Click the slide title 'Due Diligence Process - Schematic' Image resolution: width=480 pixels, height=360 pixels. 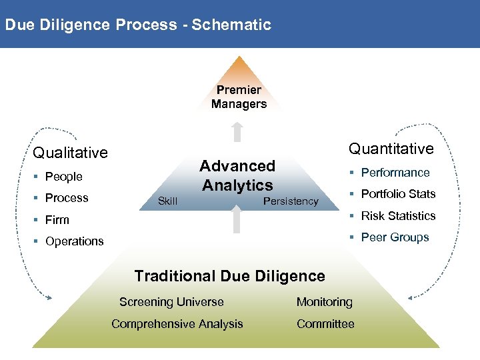138,25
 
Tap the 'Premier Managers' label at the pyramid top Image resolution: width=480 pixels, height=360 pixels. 239,97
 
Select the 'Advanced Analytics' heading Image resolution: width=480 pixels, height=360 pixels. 237,175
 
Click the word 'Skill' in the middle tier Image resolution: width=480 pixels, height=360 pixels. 167,201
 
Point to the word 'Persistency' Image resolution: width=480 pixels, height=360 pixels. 291,201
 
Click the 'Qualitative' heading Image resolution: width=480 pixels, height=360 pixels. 70,153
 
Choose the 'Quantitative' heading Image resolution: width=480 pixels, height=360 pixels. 391,149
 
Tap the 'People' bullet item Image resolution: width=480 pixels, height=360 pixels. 63,177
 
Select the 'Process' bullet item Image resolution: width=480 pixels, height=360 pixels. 67,198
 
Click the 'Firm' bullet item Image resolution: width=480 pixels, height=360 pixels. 57,220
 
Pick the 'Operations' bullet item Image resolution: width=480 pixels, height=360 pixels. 74,241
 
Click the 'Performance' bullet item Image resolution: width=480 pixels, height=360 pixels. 395,173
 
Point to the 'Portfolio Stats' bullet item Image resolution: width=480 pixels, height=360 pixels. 398,194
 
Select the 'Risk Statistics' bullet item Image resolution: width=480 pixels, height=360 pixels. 398,216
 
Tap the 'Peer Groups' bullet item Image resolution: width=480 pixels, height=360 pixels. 395,237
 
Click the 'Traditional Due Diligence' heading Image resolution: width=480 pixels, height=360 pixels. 229,276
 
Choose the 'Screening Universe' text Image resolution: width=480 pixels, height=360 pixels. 171,302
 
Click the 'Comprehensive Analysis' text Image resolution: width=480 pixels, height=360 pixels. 177,324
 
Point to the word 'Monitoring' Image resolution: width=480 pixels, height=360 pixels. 325,302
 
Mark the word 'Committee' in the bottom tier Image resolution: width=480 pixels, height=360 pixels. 325,324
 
